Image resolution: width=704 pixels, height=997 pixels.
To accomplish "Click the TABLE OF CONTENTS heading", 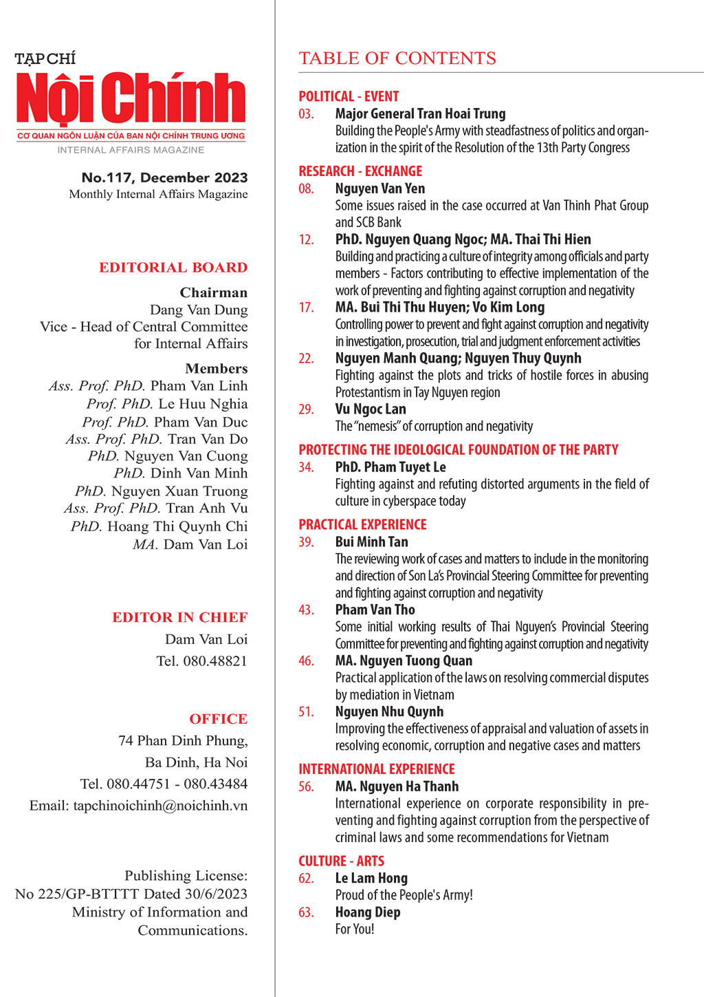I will (x=397, y=58).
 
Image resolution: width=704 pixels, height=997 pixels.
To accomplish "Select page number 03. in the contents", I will (x=307, y=114).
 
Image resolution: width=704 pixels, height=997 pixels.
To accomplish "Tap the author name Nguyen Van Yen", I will (x=379, y=189).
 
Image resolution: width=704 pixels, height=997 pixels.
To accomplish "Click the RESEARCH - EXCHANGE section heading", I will (x=360, y=171).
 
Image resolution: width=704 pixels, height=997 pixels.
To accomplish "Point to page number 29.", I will (x=307, y=409).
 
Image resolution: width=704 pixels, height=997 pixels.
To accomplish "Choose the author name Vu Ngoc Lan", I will (x=371, y=409).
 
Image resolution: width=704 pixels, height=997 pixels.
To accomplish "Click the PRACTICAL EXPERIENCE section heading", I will (x=362, y=524).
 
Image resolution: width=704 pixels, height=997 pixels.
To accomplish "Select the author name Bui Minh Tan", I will (x=371, y=542).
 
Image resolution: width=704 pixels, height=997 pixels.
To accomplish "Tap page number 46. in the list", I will (x=307, y=661).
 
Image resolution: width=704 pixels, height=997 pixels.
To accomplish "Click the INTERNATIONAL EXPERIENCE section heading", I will (x=377, y=769).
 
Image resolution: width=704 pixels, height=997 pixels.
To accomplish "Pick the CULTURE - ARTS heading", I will (x=341, y=861).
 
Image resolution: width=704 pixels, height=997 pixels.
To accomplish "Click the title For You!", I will (x=355, y=929).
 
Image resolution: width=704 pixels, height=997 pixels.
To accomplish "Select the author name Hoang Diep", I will (x=368, y=912).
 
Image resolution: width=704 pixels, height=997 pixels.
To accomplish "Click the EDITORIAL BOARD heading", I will (x=173, y=268).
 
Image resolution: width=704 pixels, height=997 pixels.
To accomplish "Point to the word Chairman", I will (x=214, y=292).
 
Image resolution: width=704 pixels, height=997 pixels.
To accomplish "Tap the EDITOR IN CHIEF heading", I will (x=180, y=617).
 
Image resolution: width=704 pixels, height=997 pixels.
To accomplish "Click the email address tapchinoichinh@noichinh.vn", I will (x=160, y=806).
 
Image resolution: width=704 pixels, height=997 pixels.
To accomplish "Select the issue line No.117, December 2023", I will (x=164, y=178).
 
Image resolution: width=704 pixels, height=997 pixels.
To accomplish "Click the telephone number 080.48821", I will (x=215, y=661).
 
